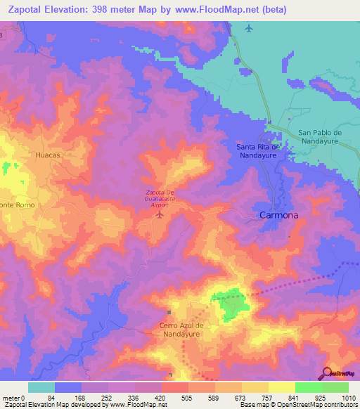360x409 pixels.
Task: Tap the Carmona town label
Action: (279, 215)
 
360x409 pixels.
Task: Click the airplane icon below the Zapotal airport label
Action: (159, 213)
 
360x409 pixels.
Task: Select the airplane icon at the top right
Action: (249, 28)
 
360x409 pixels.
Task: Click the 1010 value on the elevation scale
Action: (349, 398)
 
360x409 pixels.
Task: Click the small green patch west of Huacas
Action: (8, 167)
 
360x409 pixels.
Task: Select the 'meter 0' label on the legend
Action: (14, 398)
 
